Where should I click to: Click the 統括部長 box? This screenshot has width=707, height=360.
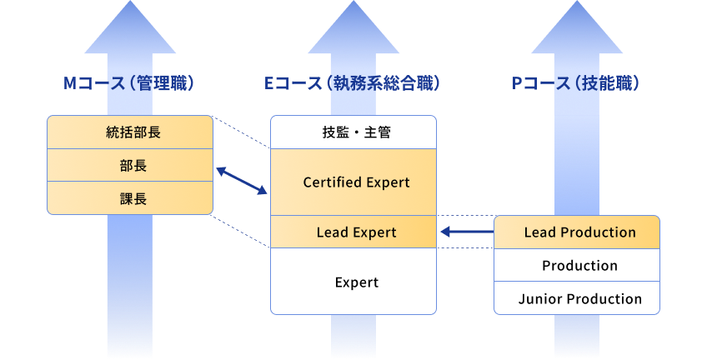coord(129,132)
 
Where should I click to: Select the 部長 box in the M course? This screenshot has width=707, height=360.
coord(129,165)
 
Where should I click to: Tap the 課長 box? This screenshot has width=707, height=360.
coord(129,198)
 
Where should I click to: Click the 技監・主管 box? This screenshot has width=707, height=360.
coord(353,132)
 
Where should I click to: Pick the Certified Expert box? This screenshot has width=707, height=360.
coord(353,182)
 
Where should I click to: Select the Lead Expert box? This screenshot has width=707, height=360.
coord(353,232)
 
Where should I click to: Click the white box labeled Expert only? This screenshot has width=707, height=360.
coord(353,282)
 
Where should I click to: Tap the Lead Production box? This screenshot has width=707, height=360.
coord(577,232)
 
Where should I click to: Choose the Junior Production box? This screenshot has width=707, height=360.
coord(577,298)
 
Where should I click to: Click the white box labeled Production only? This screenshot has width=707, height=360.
coord(577,266)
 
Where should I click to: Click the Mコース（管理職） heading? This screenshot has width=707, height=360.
coord(129,83)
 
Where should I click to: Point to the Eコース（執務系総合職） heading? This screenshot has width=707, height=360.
coord(353,83)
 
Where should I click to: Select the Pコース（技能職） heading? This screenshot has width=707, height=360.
coord(577,83)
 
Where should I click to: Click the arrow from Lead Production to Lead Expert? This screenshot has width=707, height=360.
coord(466,232)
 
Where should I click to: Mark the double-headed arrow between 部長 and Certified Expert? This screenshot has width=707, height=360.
coord(242,182)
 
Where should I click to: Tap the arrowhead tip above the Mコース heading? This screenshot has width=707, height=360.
coord(129,3)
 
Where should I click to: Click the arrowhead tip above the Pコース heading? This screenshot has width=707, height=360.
coord(577,3)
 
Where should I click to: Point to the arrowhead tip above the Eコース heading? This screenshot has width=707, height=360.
coord(353,3)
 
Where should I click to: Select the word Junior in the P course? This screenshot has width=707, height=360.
coord(539,298)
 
